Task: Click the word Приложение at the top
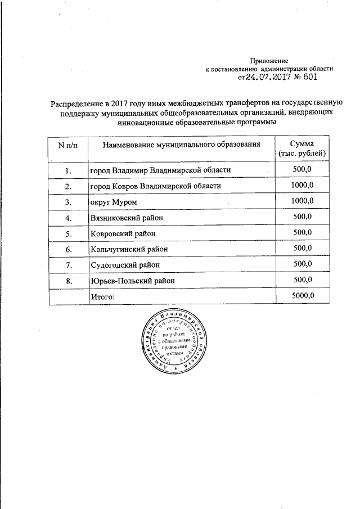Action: click(x=269, y=60)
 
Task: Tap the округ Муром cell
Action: click(x=113, y=201)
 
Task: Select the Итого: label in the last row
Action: click(x=102, y=296)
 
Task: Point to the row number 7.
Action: click(x=67, y=264)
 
